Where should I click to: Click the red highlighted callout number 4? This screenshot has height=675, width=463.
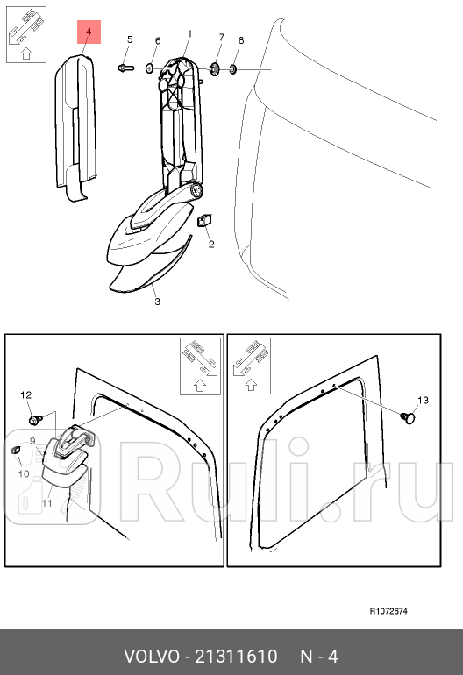coord(89,32)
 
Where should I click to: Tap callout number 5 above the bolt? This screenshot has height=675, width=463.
coord(130,39)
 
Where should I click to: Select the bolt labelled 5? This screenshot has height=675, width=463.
coord(125,67)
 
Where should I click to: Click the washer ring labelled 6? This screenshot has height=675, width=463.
coord(149,68)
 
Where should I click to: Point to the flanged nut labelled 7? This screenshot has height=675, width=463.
coord(214,68)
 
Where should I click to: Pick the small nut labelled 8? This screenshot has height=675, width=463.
coord(233,69)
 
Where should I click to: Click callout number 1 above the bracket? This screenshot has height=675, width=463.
coord(189,34)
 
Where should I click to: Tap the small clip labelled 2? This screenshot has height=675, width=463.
coord(203,220)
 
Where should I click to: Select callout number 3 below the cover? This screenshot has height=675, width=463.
coord(158,302)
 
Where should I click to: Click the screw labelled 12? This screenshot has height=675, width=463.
coord(35,419)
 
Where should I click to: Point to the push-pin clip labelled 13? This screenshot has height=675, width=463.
coord(408,417)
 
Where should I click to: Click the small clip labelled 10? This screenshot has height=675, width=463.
coord(16,450)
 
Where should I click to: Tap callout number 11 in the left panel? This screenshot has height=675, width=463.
coord(47,503)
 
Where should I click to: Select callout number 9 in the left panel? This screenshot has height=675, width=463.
coord(32,441)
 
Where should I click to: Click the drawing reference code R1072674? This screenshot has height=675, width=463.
coord(388,611)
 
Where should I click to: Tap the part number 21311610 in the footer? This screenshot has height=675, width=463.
coord(237,657)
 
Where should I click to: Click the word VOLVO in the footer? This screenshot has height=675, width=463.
coord(151,657)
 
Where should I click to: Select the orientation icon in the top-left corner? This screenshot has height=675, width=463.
coord(26,34)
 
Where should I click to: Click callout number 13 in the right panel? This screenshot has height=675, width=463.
coord(423,401)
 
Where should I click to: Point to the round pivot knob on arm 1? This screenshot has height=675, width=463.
coord(196,190)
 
